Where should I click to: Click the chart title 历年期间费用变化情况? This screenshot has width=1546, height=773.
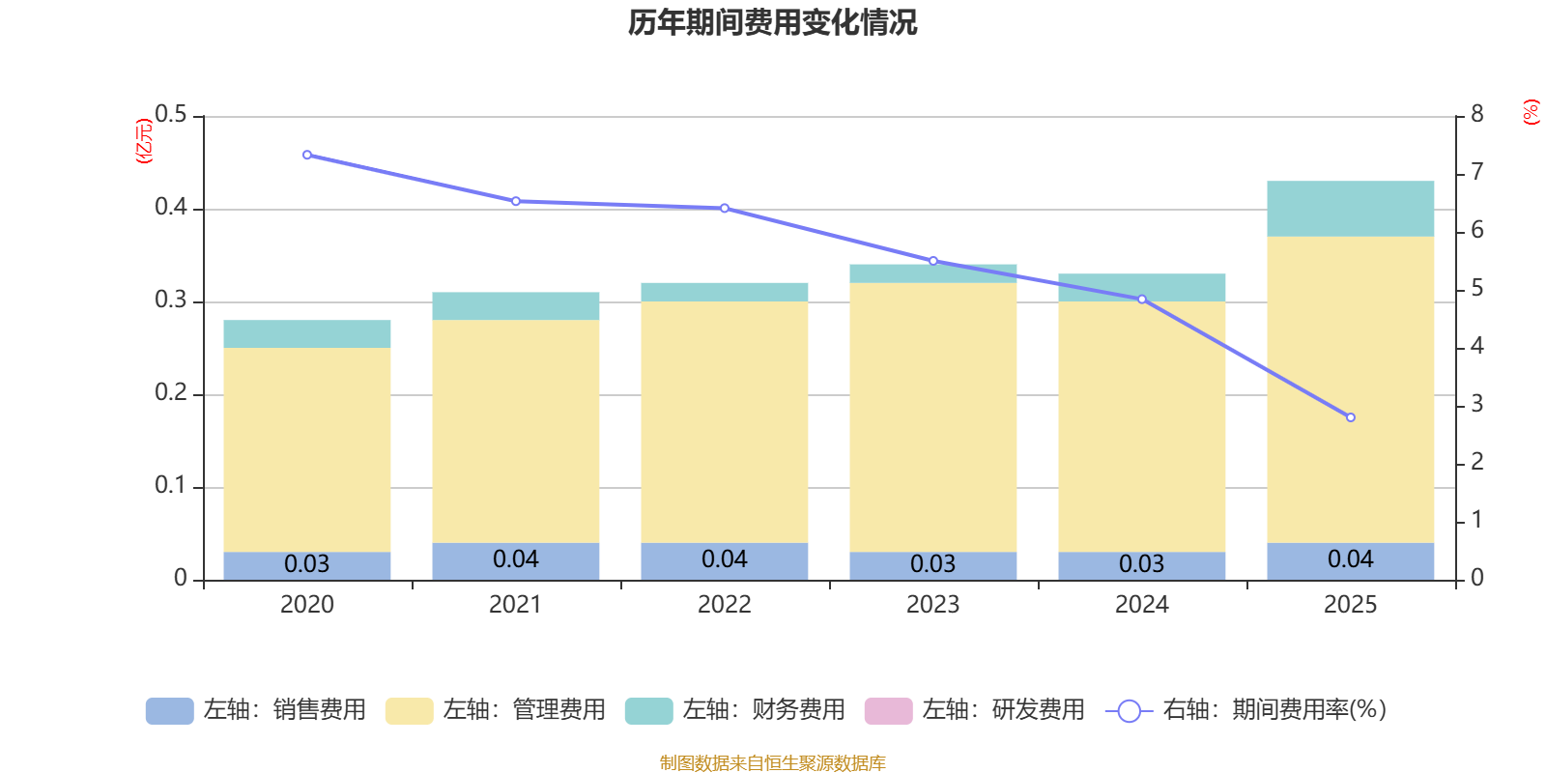pos(772,22)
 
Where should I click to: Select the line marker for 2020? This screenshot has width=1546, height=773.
pos(307,155)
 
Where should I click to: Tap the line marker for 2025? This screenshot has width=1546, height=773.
pos(1350,417)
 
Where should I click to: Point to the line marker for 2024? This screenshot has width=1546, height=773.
pos(1141,300)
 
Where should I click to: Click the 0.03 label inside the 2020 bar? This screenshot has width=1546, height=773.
pos(307,564)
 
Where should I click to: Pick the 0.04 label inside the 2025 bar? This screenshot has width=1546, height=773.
pos(1350,559)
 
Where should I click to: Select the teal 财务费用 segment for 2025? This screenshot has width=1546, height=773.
pos(1350,209)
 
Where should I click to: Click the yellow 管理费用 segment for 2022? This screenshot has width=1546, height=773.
pos(724,422)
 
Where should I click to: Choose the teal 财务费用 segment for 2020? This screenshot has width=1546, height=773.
pos(307,333)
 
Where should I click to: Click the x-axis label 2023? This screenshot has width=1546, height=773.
pos(932,605)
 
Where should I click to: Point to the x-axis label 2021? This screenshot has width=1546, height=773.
pos(515,605)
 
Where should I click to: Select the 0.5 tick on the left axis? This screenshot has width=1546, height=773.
pos(171,115)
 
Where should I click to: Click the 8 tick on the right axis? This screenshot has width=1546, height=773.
pos(1476,114)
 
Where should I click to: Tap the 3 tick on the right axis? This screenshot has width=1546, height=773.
pos(1476,404)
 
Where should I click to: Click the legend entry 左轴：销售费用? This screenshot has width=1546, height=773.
pos(256,710)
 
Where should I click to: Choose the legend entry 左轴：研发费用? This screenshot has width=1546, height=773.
pos(975,710)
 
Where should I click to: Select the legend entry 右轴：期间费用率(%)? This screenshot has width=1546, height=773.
pos(1245,710)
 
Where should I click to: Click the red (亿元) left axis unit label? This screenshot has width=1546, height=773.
pos(145,141)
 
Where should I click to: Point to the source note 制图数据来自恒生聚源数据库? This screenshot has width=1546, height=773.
pos(772,763)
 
